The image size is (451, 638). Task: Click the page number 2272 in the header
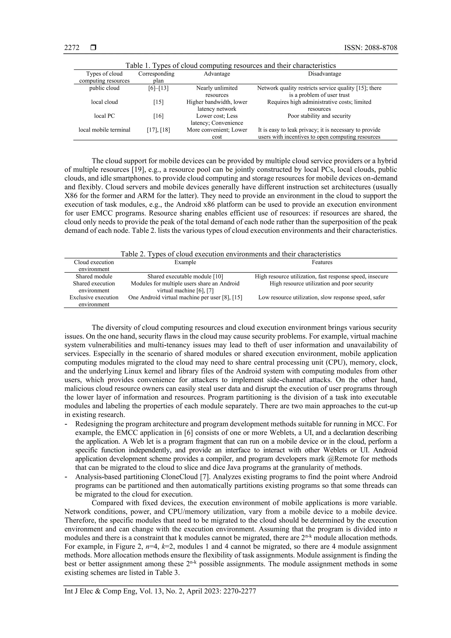coord(72,48)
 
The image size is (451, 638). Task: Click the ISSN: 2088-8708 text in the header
coord(370,48)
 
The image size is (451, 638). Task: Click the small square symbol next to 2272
coord(93,48)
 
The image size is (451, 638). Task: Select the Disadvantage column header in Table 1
coord(324,74)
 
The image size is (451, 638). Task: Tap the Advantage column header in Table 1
coord(217,74)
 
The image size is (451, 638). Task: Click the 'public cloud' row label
coord(104,88)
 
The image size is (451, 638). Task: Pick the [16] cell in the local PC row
coord(158,116)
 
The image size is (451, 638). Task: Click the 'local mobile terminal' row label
coord(104,130)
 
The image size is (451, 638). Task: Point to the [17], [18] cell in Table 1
coord(158,130)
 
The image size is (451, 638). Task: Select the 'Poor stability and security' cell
coord(319,116)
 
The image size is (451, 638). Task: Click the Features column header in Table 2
coord(322,262)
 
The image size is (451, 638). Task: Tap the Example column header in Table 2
coord(185,262)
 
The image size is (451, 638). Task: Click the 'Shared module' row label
coord(94,276)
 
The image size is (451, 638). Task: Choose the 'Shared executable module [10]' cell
coord(185,276)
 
